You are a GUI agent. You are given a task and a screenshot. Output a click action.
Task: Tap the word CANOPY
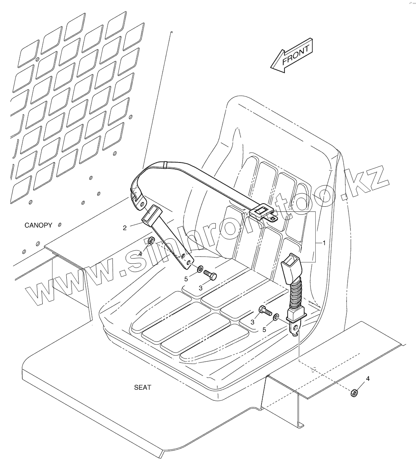[x=38, y=225]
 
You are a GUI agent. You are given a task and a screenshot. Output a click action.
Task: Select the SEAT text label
[x=143, y=387]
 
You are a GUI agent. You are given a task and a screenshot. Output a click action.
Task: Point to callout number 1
[x=324, y=243]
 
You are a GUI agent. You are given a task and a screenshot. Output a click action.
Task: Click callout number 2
[x=125, y=228]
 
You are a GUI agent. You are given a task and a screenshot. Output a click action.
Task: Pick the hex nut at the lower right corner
[x=354, y=392]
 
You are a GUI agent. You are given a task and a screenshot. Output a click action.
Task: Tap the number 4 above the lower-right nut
[x=368, y=379]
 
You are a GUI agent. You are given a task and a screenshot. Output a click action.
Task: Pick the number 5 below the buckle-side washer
[x=265, y=329]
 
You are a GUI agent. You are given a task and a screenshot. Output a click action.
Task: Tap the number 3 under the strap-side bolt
[x=201, y=288]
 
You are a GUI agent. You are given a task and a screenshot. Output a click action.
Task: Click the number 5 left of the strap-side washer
[x=186, y=279]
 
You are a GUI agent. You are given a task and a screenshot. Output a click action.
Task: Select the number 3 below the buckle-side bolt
[x=252, y=322]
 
